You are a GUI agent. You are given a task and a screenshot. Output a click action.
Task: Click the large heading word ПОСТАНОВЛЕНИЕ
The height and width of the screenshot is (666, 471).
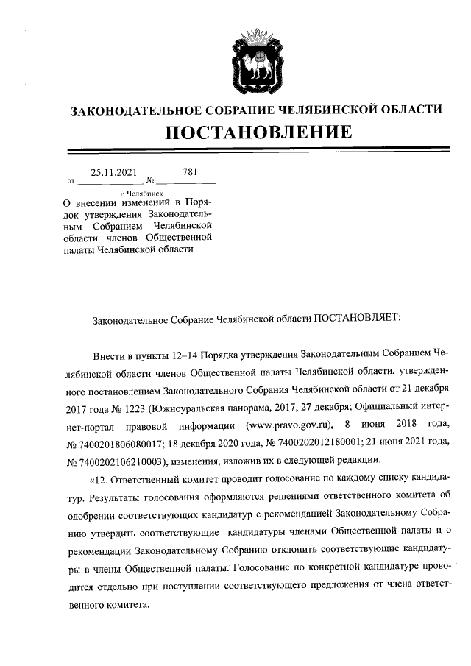(x=256, y=133)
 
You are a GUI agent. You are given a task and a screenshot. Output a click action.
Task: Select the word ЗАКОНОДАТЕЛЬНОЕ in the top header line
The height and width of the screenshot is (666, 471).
(x=127, y=110)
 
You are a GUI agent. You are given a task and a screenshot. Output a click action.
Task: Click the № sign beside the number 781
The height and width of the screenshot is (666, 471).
(x=149, y=180)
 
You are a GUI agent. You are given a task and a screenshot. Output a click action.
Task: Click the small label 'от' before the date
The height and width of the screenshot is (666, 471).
(x=71, y=180)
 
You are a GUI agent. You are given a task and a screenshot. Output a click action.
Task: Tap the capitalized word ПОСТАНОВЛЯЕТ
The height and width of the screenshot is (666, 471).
(x=356, y=321)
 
